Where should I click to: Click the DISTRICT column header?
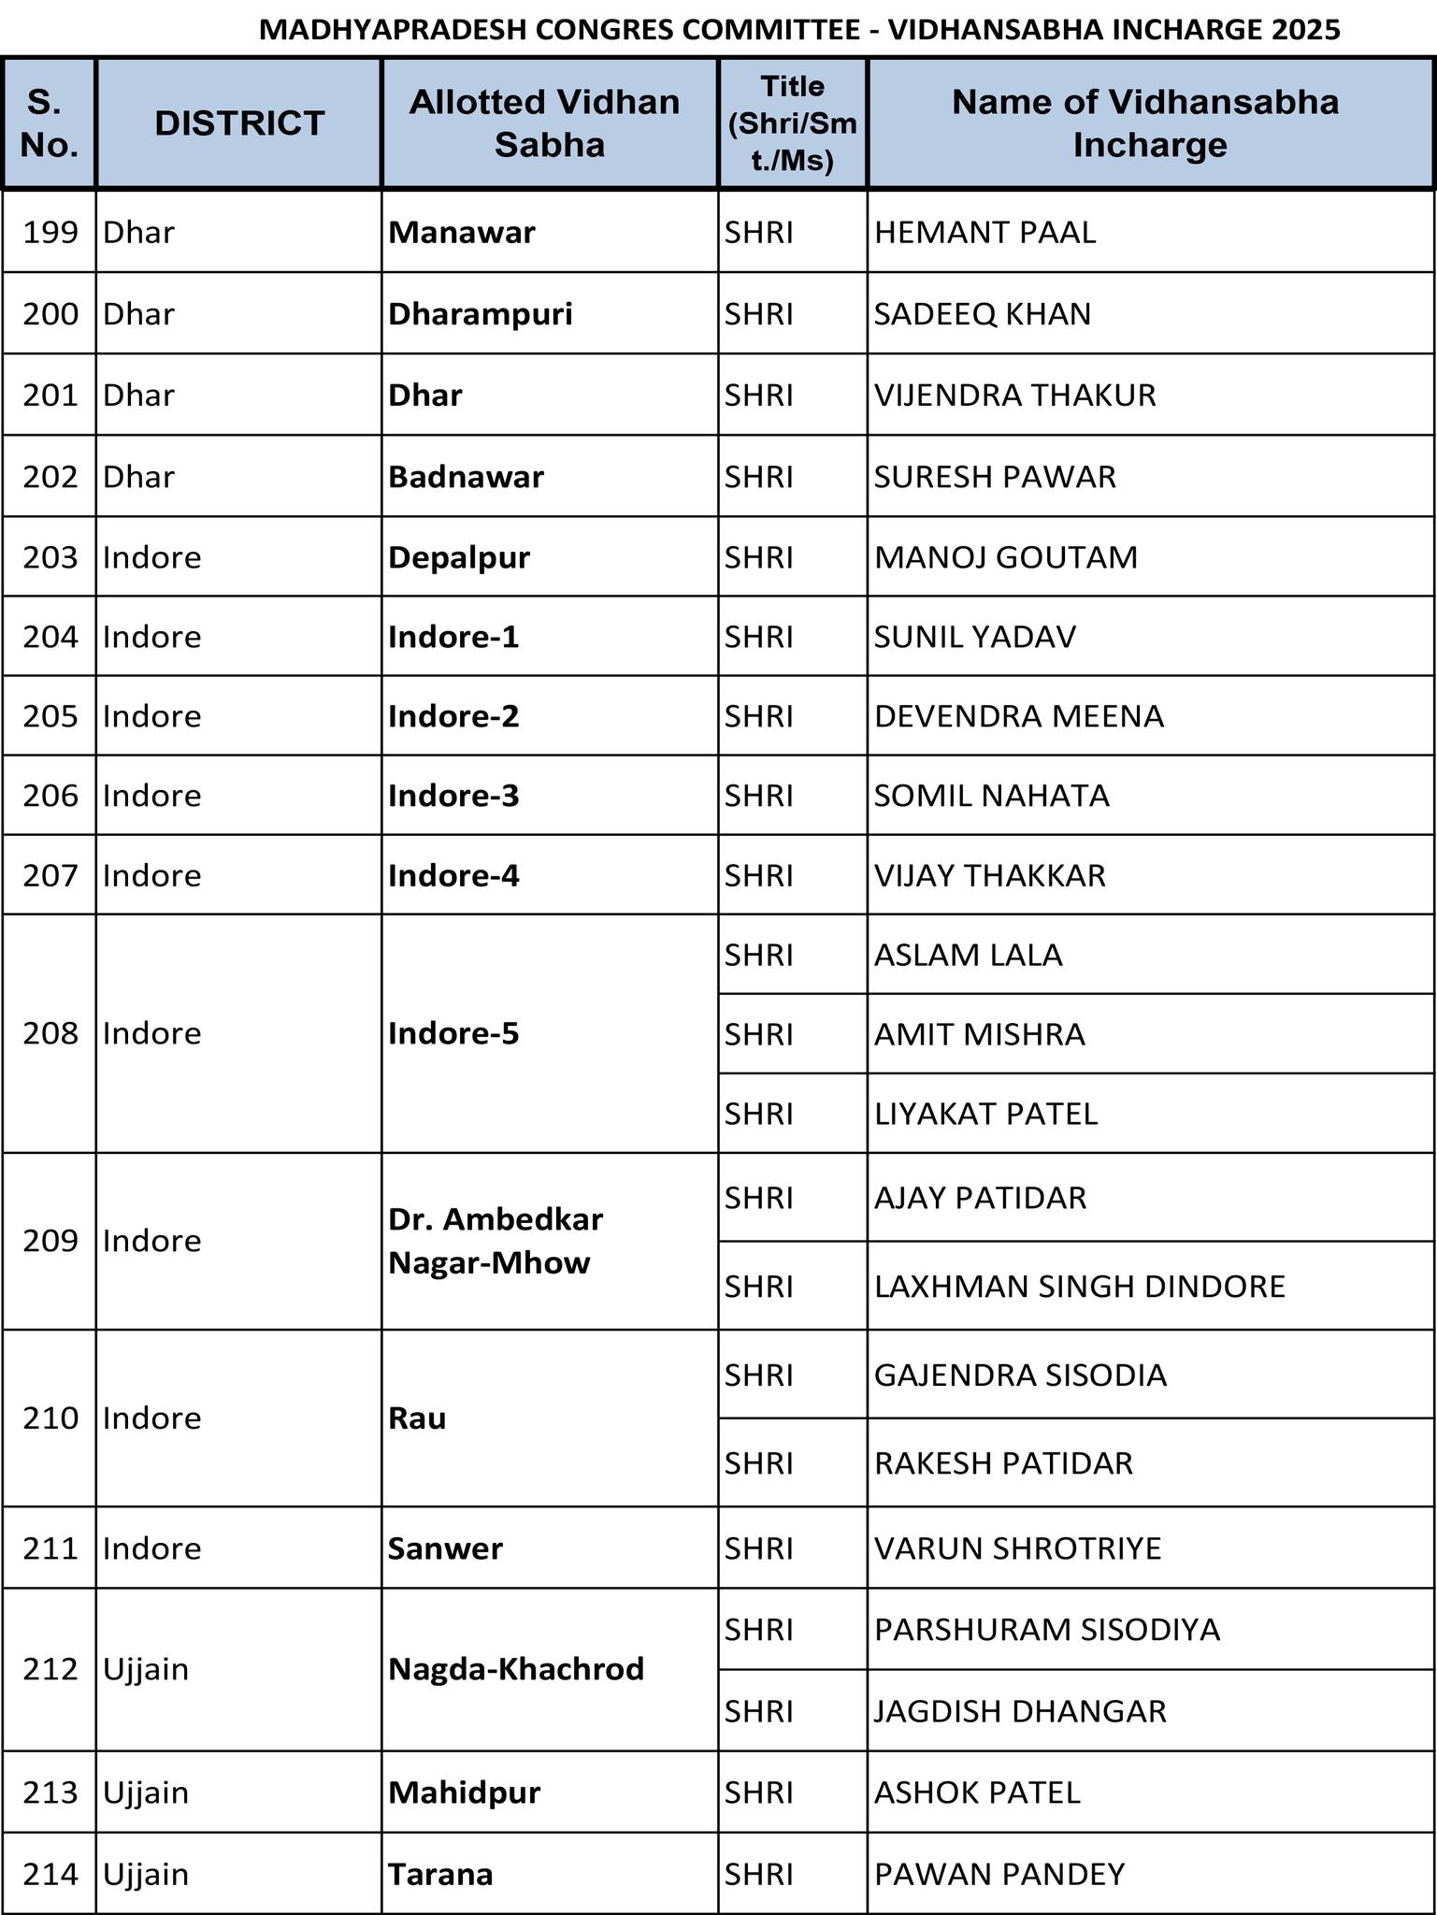click(x=239, y=123)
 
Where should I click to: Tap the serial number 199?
click(x=50, y=232)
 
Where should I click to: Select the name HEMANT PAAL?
click(x=984, y=232)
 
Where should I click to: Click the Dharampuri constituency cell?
click(x=481, y=313)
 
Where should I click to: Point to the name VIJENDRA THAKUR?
click(x=1014, y=395)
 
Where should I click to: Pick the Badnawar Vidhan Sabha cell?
click(x=466, y=477)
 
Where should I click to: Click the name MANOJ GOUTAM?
click(x=1006, y=557)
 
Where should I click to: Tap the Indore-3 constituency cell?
click(x=453, y=796)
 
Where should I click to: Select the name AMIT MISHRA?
click(x=980, y=1034)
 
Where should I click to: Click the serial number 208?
click(x=50, y=1033)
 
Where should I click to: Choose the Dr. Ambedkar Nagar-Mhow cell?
click(x=496, y=1241)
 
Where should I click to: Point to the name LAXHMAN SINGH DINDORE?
click(x=1080, y=1287)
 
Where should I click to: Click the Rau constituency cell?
click(x=417, y=1418)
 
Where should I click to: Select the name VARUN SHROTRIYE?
click(x=1017, y=1548)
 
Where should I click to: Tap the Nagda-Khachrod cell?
click(x=516, y=1669)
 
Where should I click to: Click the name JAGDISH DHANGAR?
click(x=1020, y=1711)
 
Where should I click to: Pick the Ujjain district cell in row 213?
click(x=146, y=1793)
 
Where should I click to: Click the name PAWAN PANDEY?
click(x=999, y=1874)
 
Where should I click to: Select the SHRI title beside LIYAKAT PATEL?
click(x=758, y=1114)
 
